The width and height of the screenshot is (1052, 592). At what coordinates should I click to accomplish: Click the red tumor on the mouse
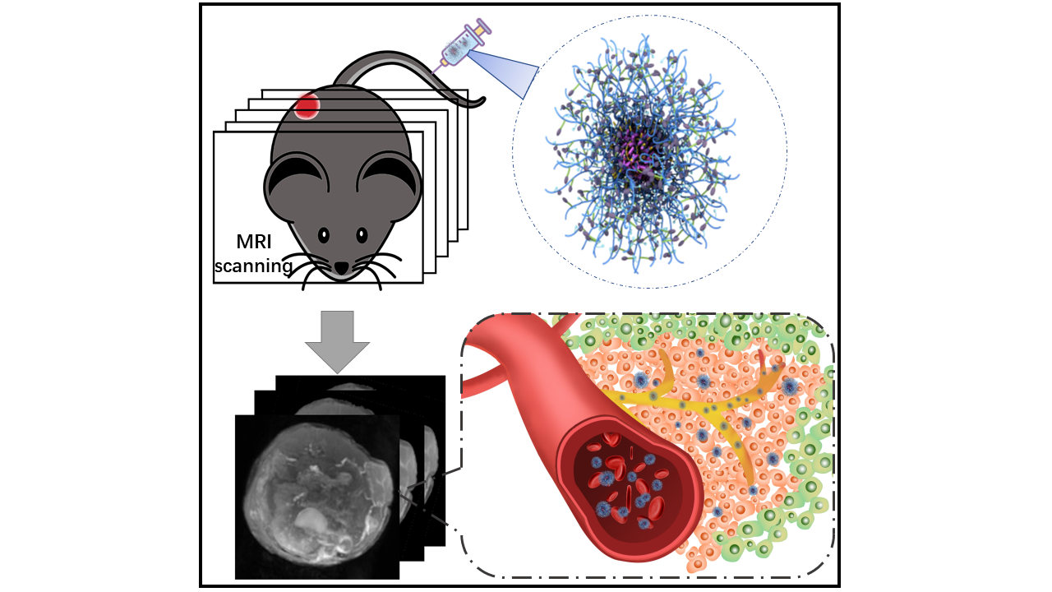[x=308, y=105]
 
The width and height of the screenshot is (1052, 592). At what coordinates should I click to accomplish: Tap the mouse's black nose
[x=341, y=268]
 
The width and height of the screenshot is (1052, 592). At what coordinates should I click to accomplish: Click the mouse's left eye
[x=323, y=235]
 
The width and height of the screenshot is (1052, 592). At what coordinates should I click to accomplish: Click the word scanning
[x=252, y=266]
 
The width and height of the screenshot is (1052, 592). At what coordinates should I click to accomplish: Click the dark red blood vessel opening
[x=625, y=485]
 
